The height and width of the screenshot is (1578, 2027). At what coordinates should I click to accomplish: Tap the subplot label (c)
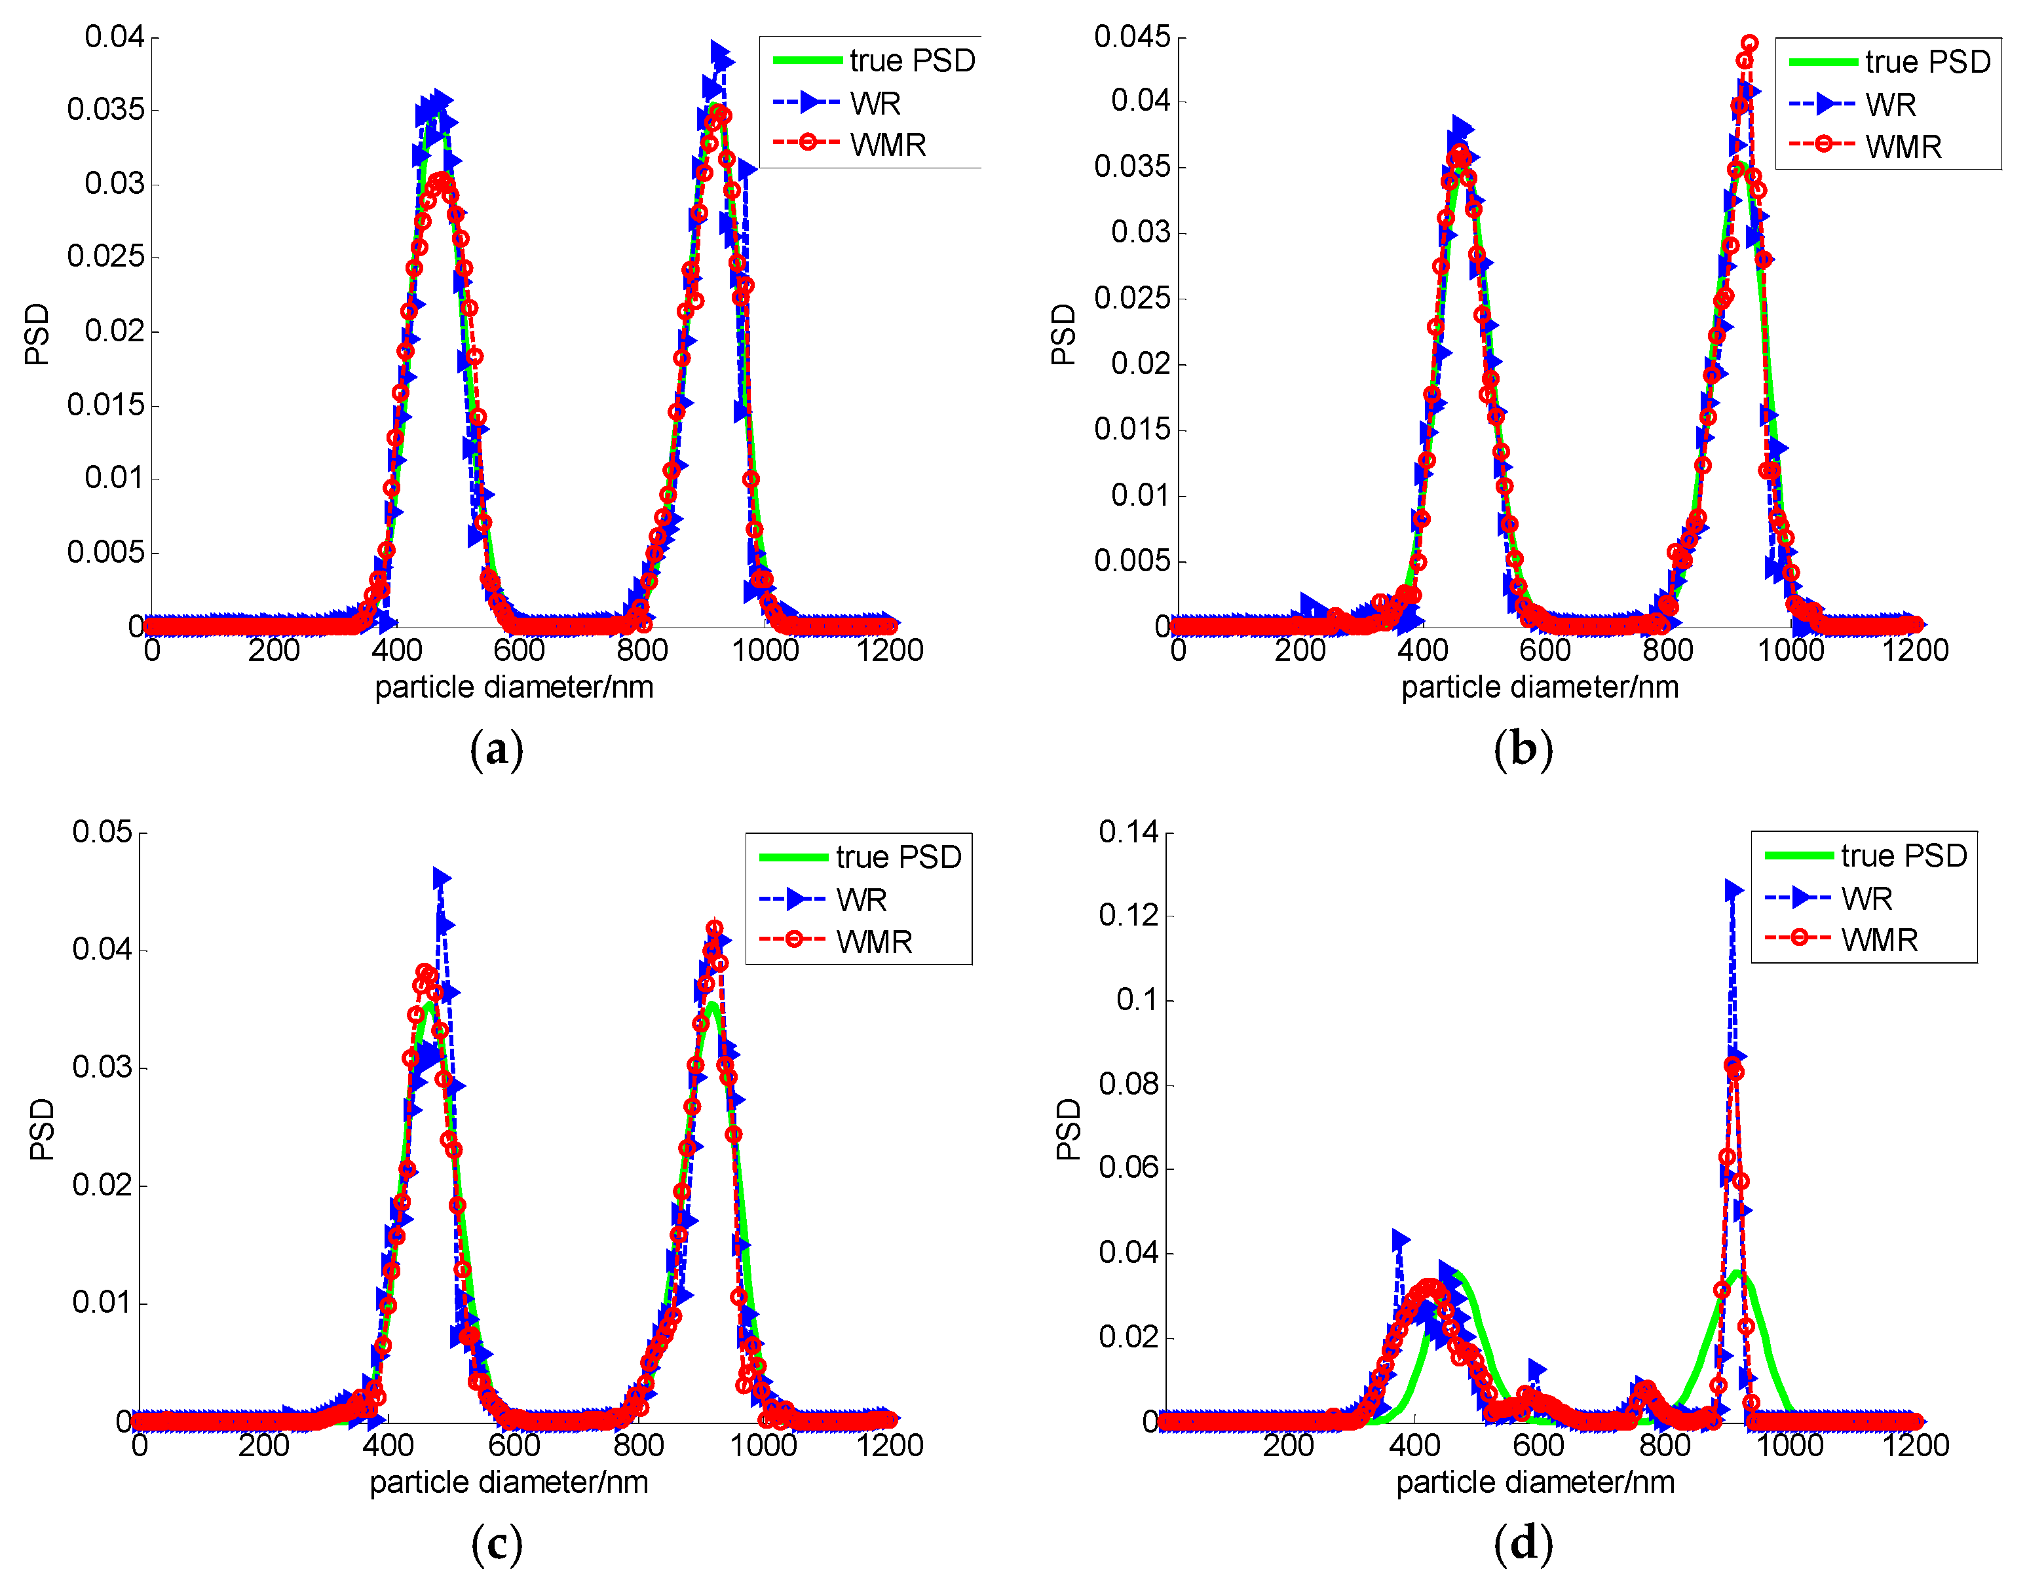[x=497, y=1544]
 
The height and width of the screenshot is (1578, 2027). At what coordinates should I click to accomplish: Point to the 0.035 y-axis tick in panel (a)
[x=107, y=109]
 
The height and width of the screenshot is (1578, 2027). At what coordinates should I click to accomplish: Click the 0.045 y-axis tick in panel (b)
[x=1132, y=37]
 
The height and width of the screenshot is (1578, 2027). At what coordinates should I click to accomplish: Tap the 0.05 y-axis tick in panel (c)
[x=102, y=832]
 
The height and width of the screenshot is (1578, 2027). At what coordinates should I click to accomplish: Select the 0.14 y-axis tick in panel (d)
[x=1129, y=832]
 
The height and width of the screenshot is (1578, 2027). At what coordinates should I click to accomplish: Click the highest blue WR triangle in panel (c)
[x=441, y=878]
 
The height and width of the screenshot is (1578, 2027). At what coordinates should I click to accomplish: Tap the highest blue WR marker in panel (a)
[x=719, y=51]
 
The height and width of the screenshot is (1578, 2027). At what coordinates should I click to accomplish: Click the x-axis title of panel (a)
[x=514, y=687]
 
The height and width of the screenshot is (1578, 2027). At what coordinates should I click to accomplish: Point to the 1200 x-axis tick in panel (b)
[x=1915, y=650]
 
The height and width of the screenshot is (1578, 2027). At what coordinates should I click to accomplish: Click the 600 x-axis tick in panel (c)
[x=513, y=1444]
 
